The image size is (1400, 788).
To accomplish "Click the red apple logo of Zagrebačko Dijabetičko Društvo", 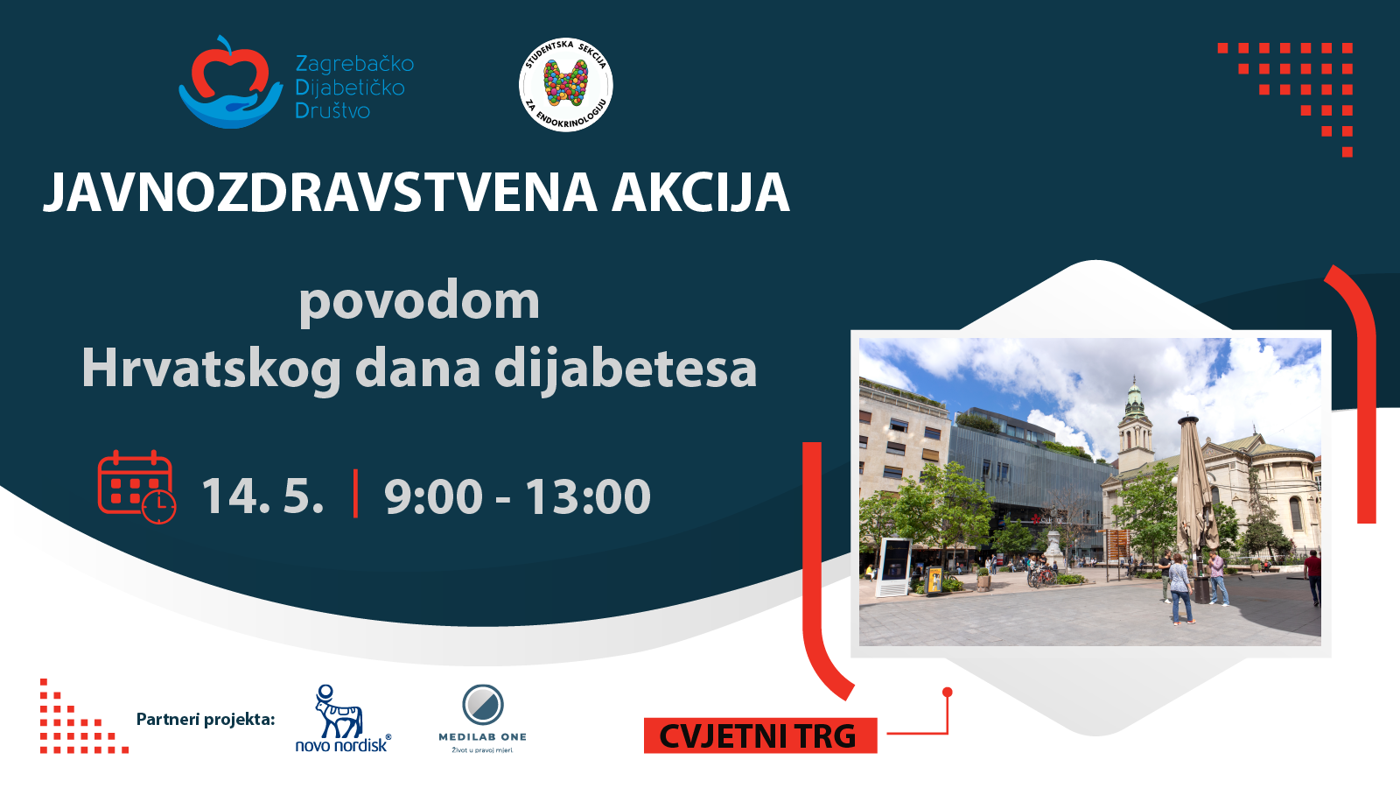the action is click(230, 82).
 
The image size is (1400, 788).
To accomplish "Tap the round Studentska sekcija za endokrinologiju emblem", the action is click(565, 84).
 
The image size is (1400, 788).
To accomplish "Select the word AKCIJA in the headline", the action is click(701, 193).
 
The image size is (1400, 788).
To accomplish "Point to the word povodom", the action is click(419, 302).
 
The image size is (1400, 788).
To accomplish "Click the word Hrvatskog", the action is click(212, 369).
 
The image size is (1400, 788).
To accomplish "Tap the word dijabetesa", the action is click(626, 369).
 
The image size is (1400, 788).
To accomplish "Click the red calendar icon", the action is click(136, 487).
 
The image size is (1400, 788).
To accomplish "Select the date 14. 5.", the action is click(263, 496).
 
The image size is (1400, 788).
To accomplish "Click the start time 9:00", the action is click(434, 496).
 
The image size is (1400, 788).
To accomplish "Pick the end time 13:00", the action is click(587, 496).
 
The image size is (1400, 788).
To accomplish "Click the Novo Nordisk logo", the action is click(342, 718).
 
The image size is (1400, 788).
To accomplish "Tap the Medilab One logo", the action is click(482, 719).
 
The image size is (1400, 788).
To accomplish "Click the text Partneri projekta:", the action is click(206, 720).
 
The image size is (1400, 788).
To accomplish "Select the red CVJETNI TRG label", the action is click(760, 736).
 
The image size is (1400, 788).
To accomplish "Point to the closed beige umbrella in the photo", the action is click(1195, 488).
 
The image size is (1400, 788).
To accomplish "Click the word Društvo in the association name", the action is click(332, 111).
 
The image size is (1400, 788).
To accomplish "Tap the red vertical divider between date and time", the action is click(355, 494).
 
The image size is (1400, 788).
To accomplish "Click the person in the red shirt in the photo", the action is click(1312, 577).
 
